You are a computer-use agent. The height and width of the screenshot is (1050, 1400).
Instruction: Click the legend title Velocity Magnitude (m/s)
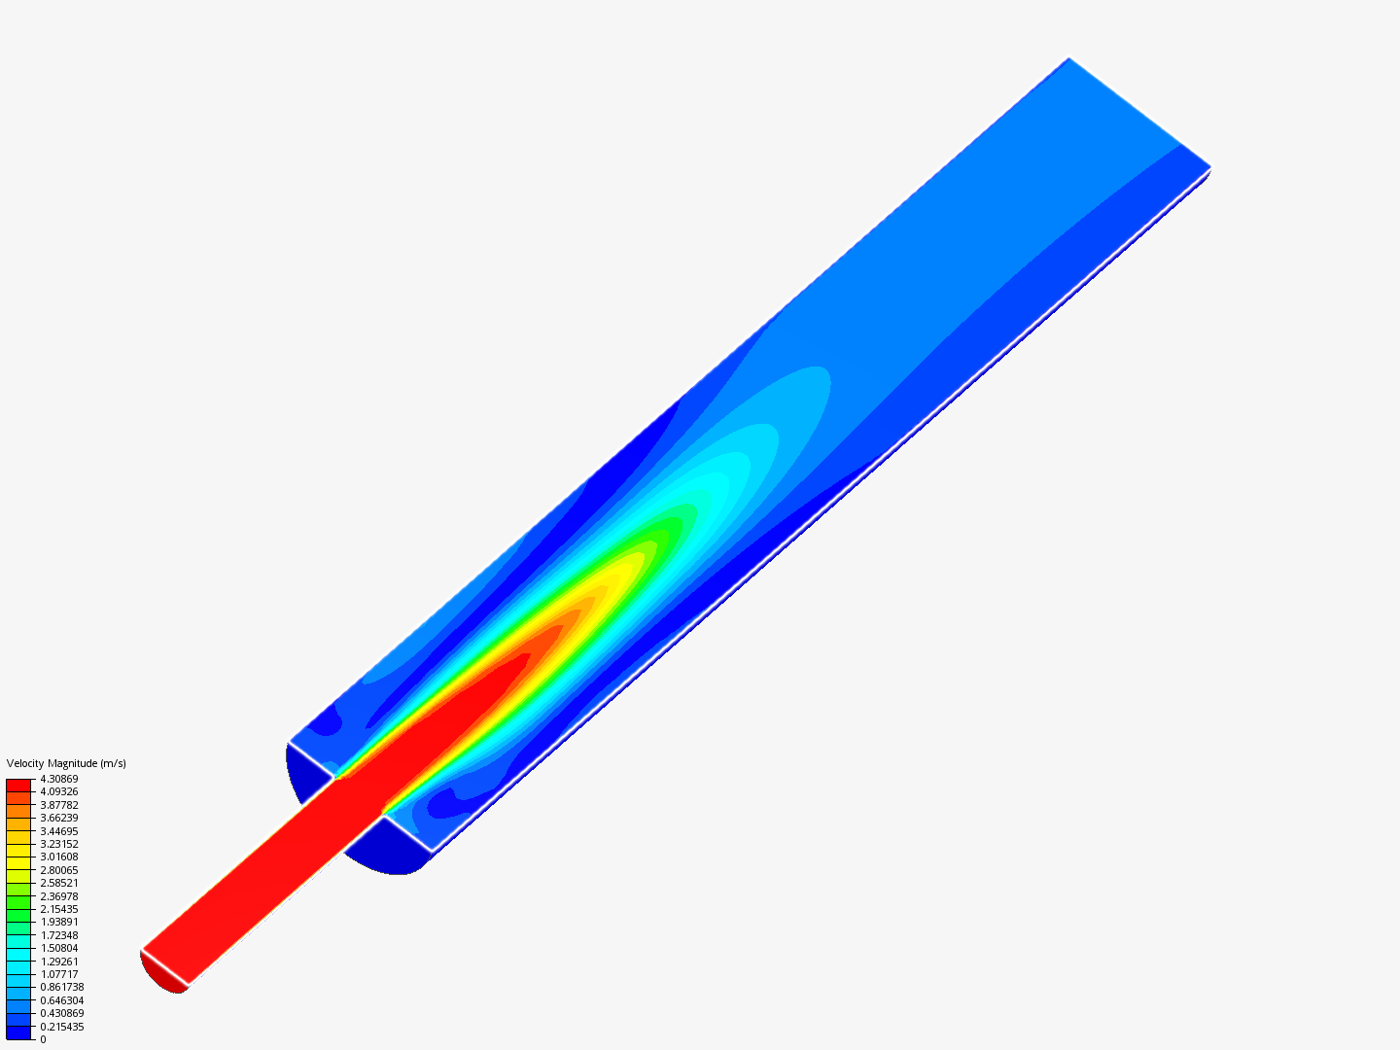(66, 763)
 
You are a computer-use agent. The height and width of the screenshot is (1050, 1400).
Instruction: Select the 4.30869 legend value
(58, 779)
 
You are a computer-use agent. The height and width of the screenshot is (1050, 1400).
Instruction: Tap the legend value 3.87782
(58, 805)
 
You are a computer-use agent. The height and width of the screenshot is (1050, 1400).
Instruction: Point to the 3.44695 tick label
(58, 831)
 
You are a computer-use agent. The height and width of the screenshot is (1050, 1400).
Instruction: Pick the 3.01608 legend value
(58, 857)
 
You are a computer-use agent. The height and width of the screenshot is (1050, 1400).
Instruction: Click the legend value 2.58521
(58, 883)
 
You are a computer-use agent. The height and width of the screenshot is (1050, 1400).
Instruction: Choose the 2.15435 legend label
(58, 909)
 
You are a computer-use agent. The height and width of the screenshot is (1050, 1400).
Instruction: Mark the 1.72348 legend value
(58, 935)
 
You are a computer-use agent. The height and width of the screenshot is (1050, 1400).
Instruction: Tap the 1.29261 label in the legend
(58, 962)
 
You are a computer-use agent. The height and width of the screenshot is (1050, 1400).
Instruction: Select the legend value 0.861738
(62, 987)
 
